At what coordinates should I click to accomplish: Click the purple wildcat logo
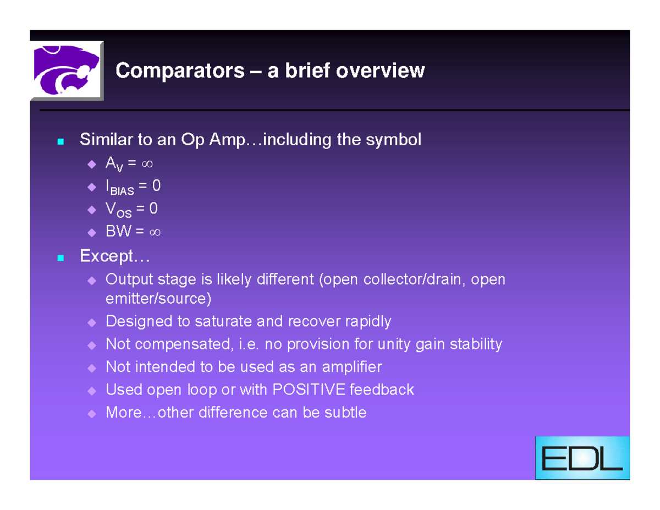point(67,70)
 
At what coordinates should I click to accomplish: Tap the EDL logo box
point(582,458)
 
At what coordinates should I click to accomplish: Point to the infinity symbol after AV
point(147,164)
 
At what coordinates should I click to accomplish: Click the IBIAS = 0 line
point(133,187)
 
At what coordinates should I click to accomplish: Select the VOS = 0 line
point(131,210)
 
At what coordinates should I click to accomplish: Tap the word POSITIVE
point(309,390)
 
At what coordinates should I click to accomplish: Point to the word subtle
point(345,413)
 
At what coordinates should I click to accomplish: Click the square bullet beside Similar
point(61,141)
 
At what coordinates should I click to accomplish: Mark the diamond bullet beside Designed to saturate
point(91,322)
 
